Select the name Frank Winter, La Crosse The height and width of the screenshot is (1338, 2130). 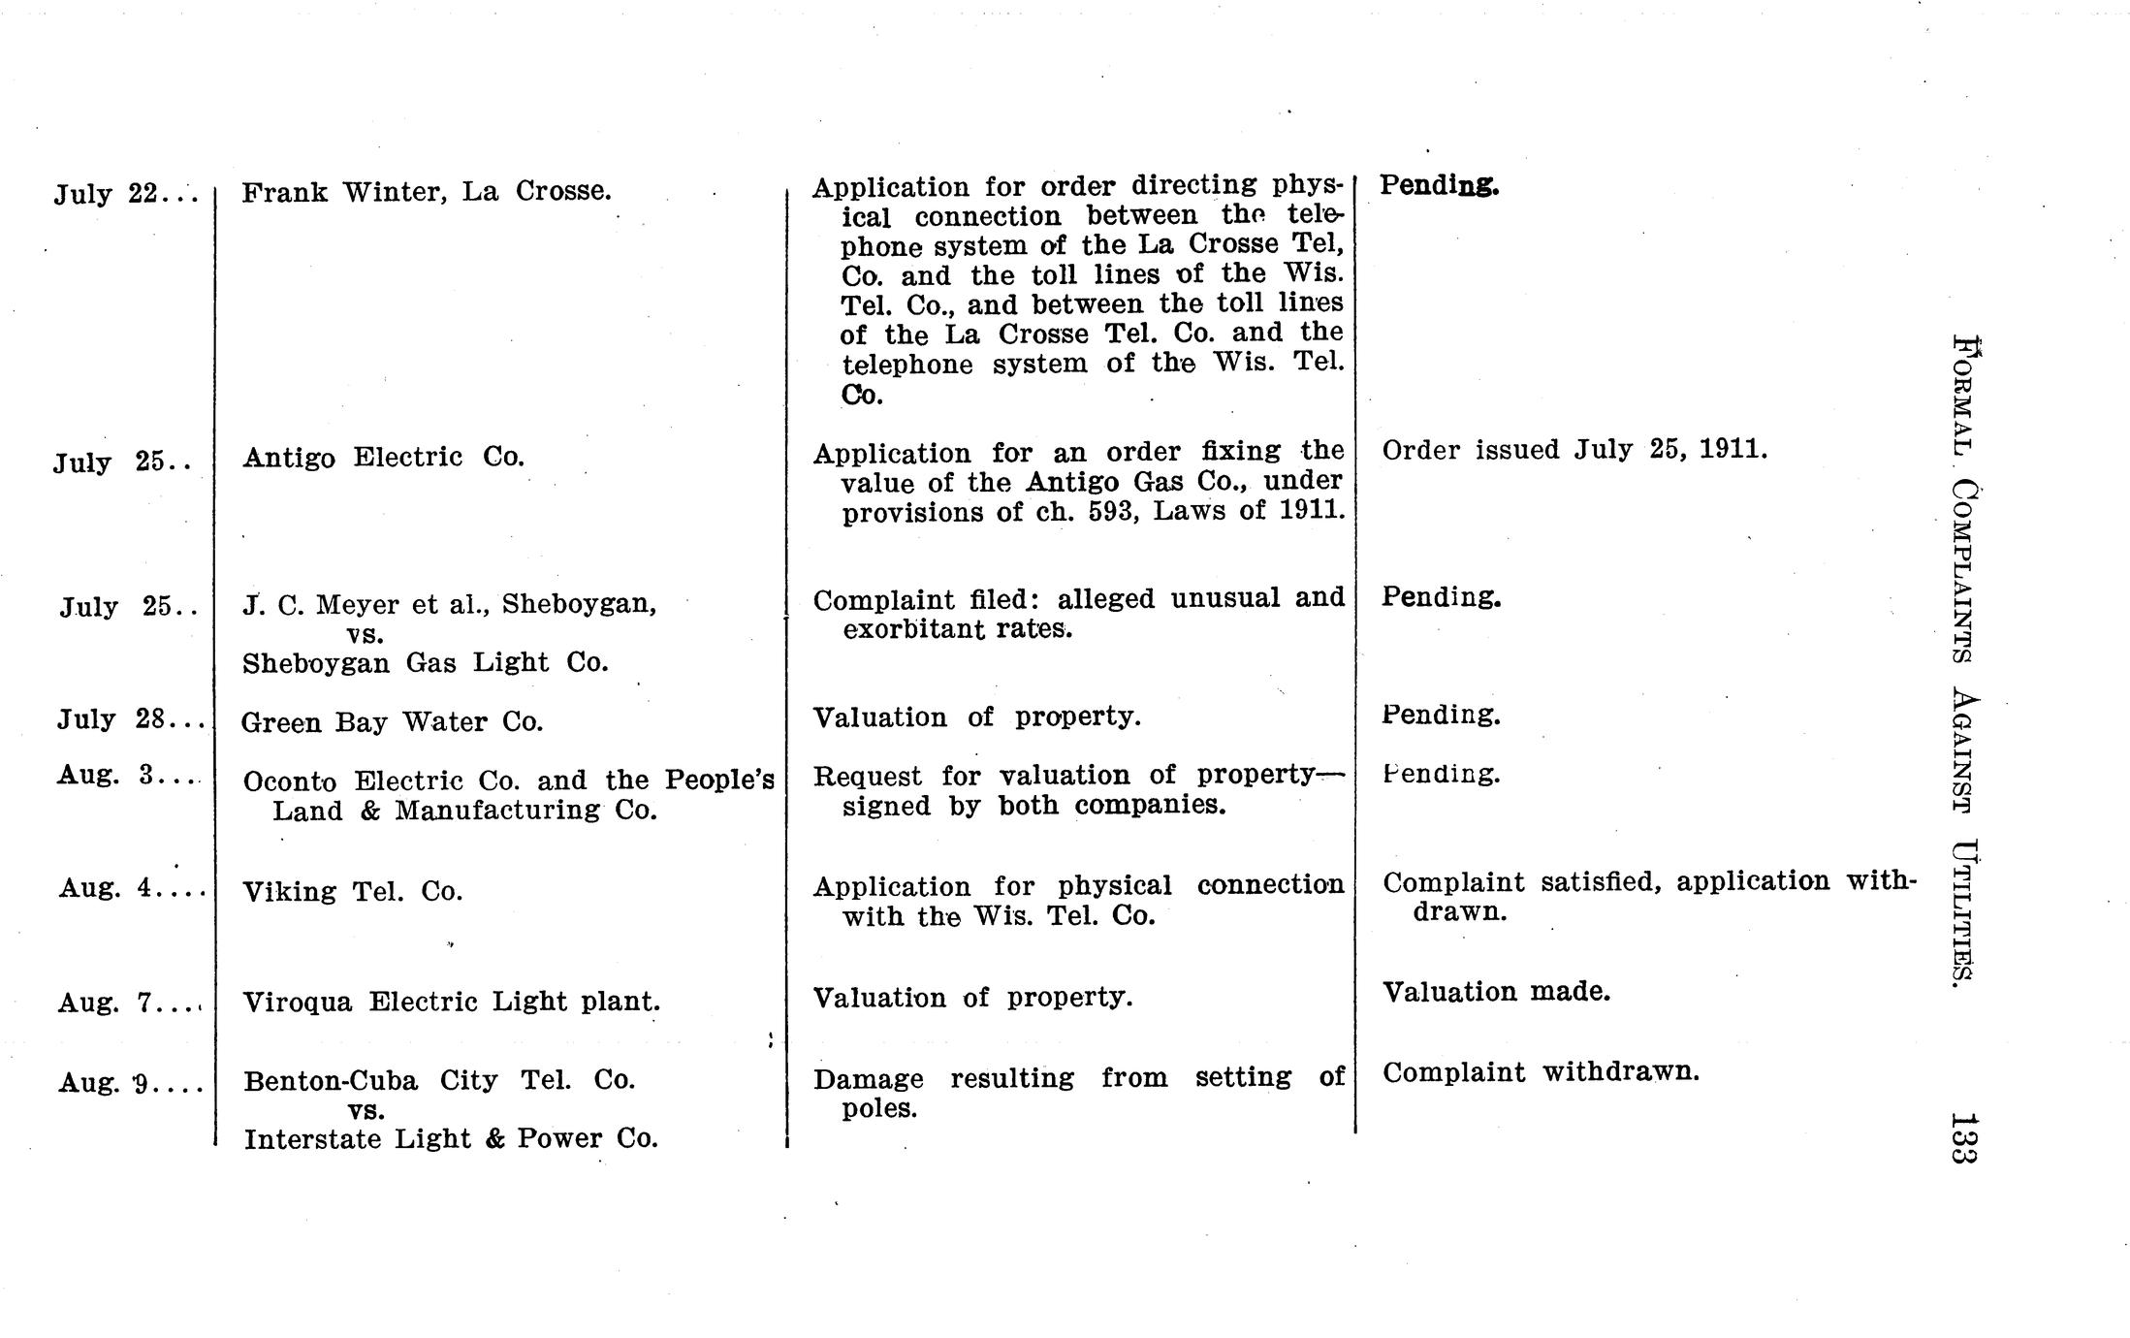[x=426, y=191]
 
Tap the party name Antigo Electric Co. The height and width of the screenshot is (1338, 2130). [x=383, y=457]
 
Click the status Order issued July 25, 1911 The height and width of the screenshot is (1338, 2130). [x=1574, y=450]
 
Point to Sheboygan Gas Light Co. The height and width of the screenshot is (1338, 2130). [x=425, y=663]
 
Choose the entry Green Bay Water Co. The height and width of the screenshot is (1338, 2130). [x=392, y=722]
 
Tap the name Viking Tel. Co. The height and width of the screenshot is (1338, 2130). [x=352, y=891]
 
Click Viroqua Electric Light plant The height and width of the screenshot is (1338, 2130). [x=451, y=1002]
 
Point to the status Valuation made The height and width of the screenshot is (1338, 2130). [x=1496, y=992]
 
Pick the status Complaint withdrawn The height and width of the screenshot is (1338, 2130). [x=1541, y=1072]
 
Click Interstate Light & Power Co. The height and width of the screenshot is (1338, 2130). [x=451, y=1139]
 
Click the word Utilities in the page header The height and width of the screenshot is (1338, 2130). [x=1962, y=912]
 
